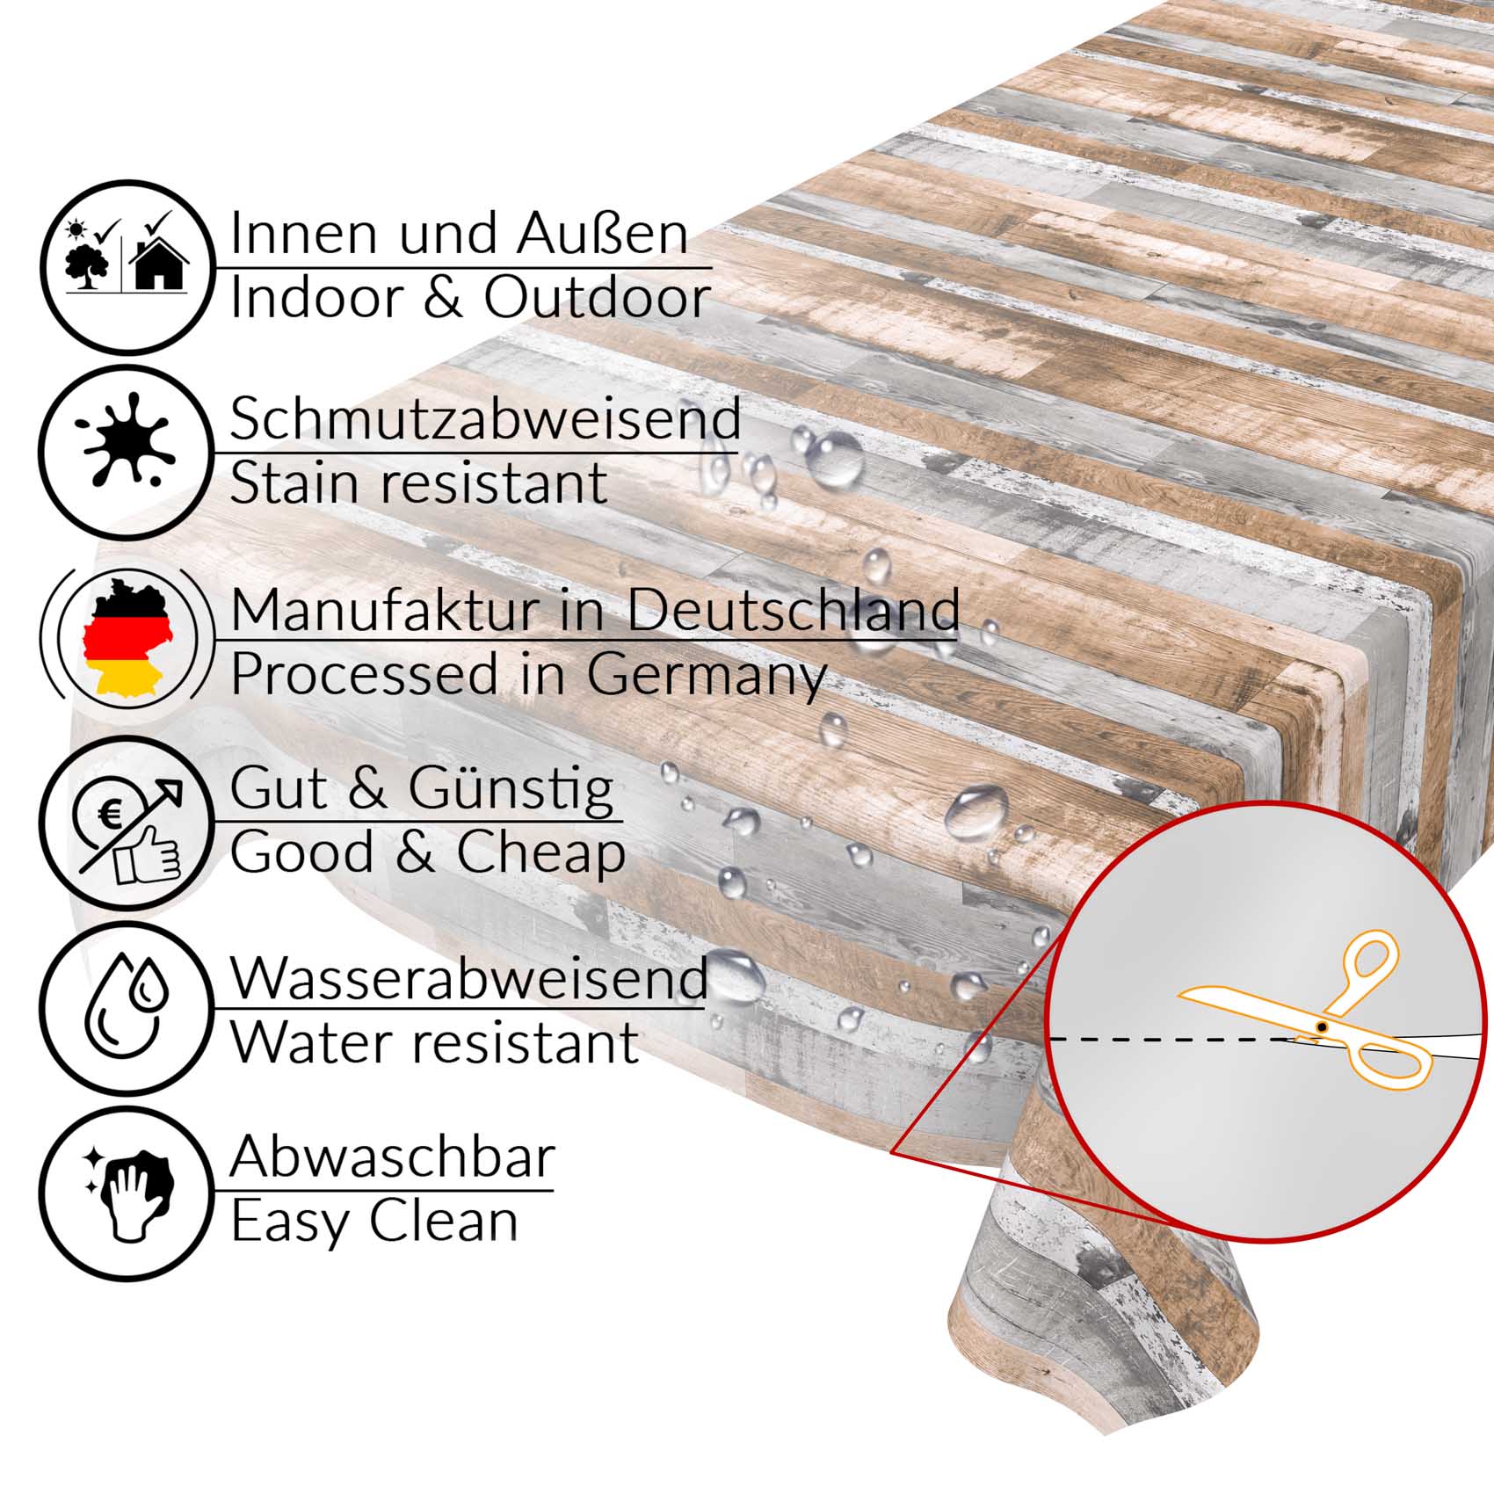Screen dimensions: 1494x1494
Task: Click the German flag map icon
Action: point(128,637)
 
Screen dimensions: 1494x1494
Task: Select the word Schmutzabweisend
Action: point(485,419)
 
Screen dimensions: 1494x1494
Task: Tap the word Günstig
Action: point(511,791)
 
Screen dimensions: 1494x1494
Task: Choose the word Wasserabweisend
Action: point(469,977)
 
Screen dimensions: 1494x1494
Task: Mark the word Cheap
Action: point(540,852)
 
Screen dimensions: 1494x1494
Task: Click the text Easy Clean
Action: point(374,1222)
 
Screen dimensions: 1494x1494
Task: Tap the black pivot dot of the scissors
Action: point(1321,1026)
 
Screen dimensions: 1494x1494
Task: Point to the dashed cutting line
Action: point(1178,1040)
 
